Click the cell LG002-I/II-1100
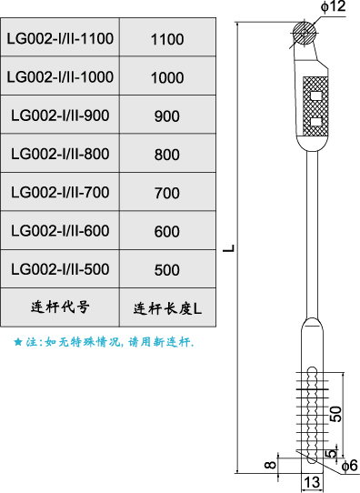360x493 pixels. [x=60, y=39]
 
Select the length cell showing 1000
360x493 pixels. [x=167, y=77]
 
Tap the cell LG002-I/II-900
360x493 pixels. [x=60, y=116]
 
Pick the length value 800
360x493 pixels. [x=167, y=155]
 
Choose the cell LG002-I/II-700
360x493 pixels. [x=60, y=193]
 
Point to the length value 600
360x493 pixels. [x=167, y=232]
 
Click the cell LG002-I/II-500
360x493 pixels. [x=60, y=270]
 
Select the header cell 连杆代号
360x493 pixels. [x=60, y=307]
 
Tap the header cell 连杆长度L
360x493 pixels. [x=167, y=307]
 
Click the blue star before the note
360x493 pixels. [x=17, y=343]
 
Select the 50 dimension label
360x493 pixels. [x=336, y=413]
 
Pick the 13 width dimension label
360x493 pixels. [x=311, y=482]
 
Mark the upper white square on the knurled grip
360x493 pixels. [x=316, y=95]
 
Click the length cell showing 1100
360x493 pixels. [x=167, y=39]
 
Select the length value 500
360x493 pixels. [x=167, y=270]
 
